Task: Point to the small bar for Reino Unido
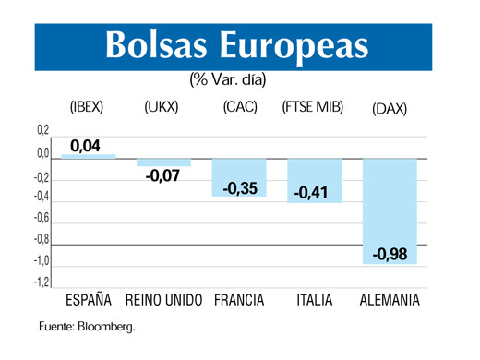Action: click(163, 162)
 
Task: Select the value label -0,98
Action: click(389, 254)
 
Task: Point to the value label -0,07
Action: click(163, 174)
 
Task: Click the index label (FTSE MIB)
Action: click(313, 107)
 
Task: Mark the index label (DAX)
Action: click(389, 108)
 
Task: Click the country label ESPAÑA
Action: click(89, 301)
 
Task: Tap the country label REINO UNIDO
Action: click(163, 301)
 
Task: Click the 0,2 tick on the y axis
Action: click(43, 131)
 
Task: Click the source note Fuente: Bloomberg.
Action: click(87, 327)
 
